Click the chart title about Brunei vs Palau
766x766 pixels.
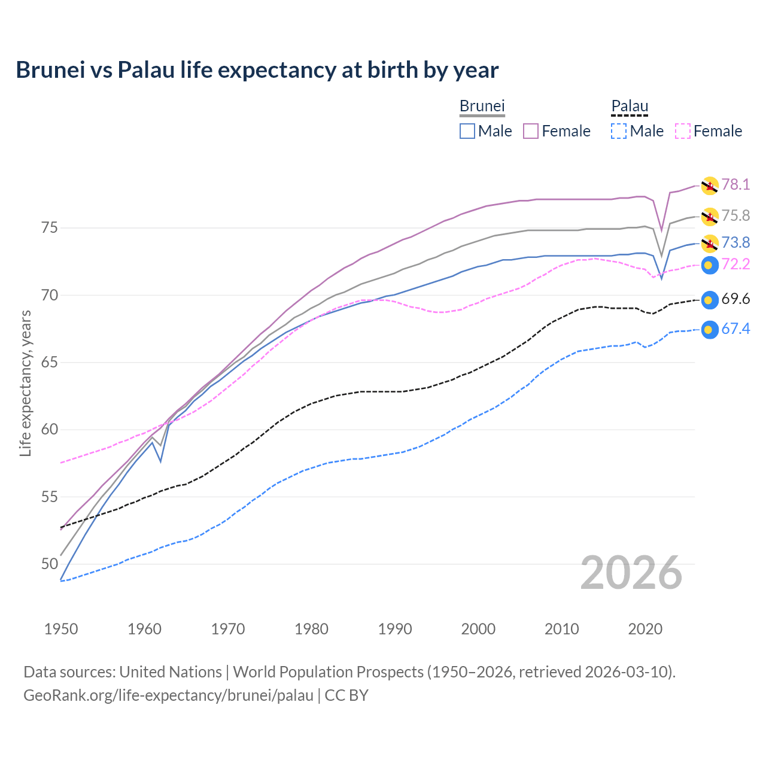point(257,70)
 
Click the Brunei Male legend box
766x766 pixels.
point(467,131)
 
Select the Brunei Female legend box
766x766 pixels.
point(531,131)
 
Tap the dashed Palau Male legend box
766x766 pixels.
point(619,131)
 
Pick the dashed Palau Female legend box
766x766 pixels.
point(683,131)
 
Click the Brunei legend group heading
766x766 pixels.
point(482,106)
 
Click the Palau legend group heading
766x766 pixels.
point(630,106)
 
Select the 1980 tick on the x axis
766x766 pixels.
point(311,629)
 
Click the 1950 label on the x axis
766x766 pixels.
point(61,629)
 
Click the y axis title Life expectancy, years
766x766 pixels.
point(25,383)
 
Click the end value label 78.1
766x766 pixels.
point(735,184)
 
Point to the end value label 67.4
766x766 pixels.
point(735,329)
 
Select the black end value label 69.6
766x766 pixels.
point(735,299)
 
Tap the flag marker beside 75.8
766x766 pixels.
point(710,216)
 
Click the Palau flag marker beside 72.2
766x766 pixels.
point(710,265)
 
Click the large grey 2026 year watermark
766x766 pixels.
point(631,573)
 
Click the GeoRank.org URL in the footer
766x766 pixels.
point(168,695)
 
